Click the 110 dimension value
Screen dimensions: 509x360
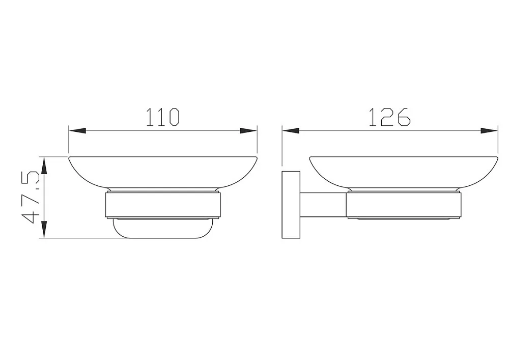click(x=163, y=117)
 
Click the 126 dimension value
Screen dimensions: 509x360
click(x=390, y=117)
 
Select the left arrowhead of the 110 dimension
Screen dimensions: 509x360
click(x=77, y=131)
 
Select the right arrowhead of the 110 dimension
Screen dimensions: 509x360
click(x=248, y=131)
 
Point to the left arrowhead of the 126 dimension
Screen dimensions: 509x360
click(x=291, y=131)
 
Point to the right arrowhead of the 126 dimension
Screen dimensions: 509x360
click(x=489, y=131)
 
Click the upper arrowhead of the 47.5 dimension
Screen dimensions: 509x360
click(x=44, y=165)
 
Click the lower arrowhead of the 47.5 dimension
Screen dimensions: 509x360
click(x=44, y=230)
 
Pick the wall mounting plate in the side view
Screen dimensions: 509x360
click(x=291, y=205)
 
